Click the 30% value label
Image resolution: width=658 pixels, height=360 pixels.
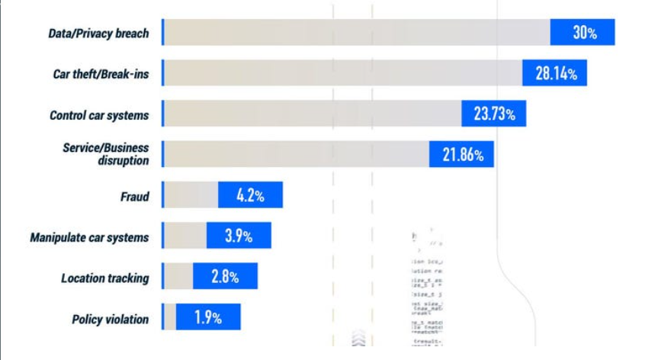(584, 33)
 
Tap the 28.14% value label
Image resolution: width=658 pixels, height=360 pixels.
(555, 74)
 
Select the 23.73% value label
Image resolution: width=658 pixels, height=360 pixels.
(494, 114)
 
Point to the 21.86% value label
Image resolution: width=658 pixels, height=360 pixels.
(462, 155)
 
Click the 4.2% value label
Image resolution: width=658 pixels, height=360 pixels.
(250, 195)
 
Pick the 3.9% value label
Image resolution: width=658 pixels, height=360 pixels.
(238, 236)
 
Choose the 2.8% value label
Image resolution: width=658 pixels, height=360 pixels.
(225, 276)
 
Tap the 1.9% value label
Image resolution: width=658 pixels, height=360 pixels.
(207, 317)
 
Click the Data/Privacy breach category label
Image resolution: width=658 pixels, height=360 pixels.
(98, 34)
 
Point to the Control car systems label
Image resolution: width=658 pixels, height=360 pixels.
(99, 116)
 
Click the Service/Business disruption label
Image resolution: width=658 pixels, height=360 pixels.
(106, 153)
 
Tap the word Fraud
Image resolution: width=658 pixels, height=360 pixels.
(134, 197)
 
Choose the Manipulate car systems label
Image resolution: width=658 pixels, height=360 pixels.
(89, 237)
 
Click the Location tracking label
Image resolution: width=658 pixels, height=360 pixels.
(105, 278)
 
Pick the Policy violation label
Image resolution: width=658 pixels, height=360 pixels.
(111, 319)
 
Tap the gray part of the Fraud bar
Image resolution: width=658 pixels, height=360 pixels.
(191, 195)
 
